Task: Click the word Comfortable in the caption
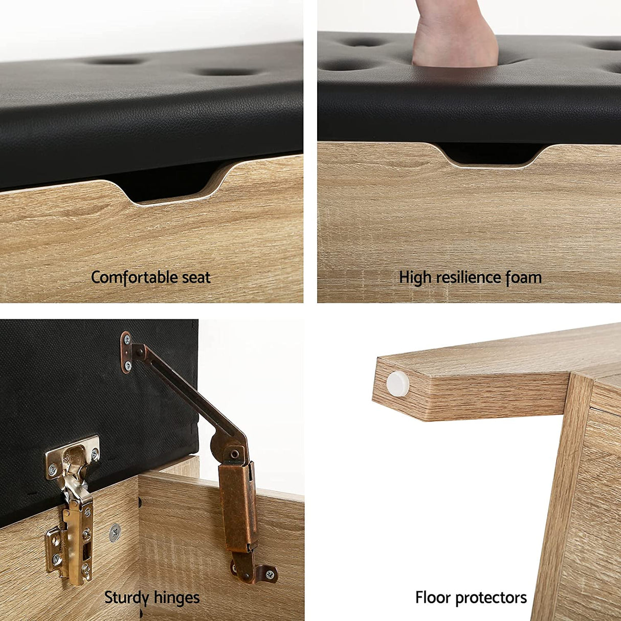point(134,277)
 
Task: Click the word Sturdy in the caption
point(126,589)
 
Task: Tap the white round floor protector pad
point(397,384)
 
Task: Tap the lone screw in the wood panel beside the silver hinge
point(115,533)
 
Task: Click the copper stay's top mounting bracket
point(127,352)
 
